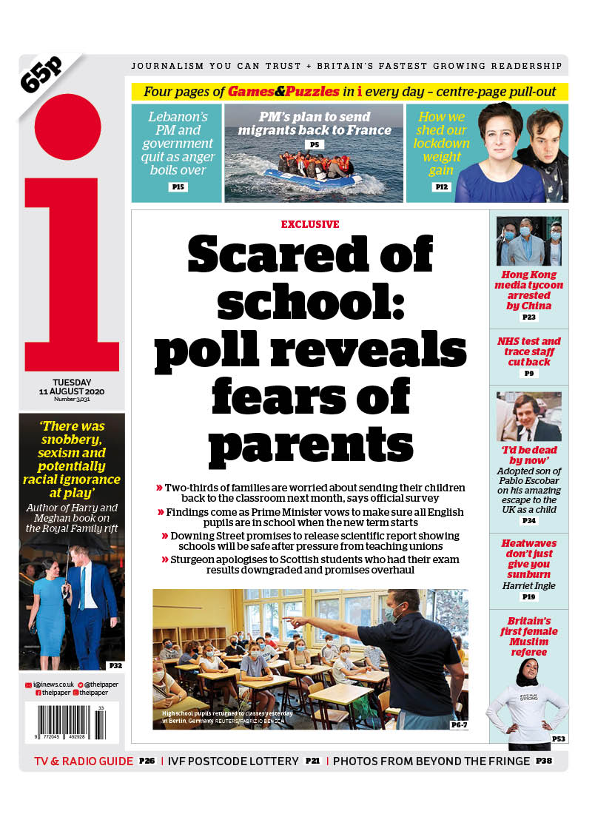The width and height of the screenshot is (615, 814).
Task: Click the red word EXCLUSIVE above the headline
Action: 310,224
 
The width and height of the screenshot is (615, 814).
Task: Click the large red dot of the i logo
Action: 67,127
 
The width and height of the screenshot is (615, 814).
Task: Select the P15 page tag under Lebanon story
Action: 177,187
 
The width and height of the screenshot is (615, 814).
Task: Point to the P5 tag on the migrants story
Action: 314,145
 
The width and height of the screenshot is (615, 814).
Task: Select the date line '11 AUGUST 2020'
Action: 72,391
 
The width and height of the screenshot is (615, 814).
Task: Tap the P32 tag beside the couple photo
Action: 115,666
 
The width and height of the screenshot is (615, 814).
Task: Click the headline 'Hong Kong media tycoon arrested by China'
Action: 528,290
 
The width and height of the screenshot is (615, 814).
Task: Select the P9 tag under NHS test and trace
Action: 529,374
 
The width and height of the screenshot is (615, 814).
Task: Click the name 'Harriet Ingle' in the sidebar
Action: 528,586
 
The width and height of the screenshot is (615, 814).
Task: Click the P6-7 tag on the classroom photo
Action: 459,724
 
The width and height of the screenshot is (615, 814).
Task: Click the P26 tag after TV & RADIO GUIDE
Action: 147,761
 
